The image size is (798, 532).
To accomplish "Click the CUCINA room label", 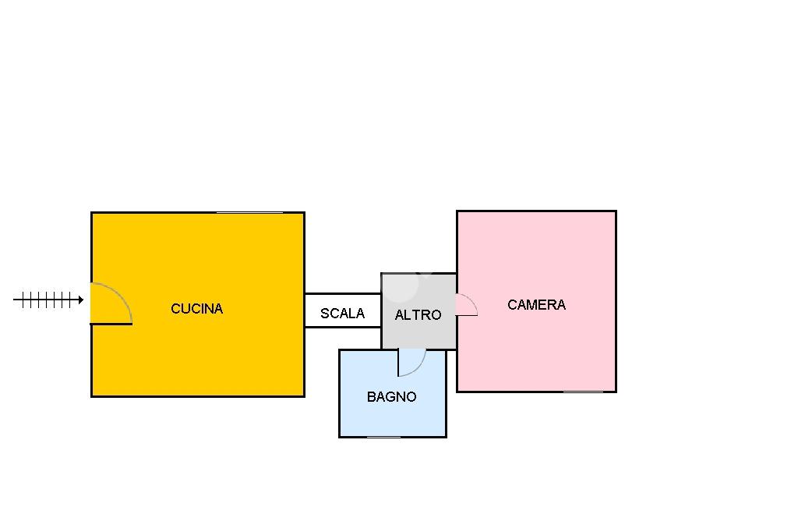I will [196, 309].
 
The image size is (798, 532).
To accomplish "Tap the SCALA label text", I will [342, 314].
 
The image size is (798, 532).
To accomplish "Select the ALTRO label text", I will [418, 315].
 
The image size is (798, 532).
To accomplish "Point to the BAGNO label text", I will [391, 397].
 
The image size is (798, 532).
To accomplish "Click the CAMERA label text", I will [536, 305].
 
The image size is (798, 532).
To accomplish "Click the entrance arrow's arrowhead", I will [80, 300].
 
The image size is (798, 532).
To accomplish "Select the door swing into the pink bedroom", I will [466, 305].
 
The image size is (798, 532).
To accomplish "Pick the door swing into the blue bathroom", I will [411, 363].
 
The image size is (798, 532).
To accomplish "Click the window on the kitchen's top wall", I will [249, 212].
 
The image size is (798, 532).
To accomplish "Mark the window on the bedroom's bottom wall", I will [583, 392].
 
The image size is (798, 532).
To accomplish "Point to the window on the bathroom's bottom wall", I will [383, 437].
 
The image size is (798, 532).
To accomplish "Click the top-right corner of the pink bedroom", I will [616, 211].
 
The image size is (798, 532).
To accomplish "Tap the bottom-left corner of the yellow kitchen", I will [92, 396].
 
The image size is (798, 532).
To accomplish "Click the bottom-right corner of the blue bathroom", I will [446, 437].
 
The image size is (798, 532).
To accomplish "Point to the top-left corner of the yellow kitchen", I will [92, 213].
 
